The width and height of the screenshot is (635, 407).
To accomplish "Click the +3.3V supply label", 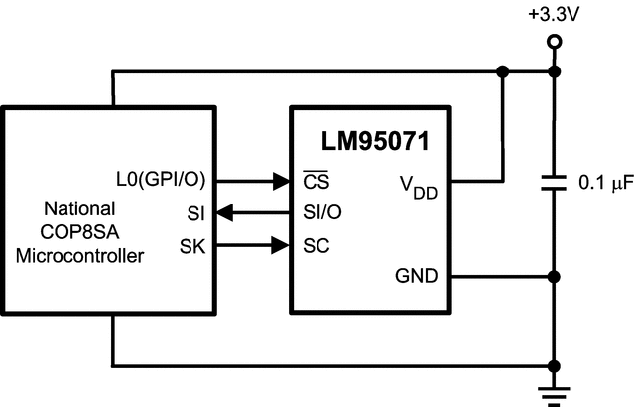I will pyautogui.click(x=554, y=15).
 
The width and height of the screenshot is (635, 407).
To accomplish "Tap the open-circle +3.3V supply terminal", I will pyautogui.click(x=555, y=41).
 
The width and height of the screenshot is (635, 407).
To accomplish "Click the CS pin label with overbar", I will pyautogui.click(x=317, y=182).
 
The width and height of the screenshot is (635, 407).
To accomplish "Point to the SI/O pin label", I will pyautogui.click(x=326, y=212).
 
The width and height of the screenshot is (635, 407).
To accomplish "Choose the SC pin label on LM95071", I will pyautogui.click(x=317, y=243).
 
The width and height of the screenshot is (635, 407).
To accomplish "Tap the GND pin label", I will pyautogui.click(x=416, y=276).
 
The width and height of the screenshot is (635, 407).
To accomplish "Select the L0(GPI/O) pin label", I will pyautogui.click(x=159, y=182).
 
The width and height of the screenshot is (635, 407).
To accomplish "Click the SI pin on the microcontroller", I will pyautogui.click(x=195, y=212).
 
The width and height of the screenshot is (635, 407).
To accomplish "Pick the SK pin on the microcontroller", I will pyautogui.click(x=193, y=243).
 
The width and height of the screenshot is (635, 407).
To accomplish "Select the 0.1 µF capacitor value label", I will pyautogui.click(x=605, y=183).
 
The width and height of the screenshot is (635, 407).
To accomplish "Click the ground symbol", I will pyautogui.click(x=555, y=389).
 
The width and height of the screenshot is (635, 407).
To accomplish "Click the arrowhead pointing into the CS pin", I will pyautogui.click(x=281, y=182).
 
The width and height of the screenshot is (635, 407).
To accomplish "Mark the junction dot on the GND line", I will pyautogui.click(x=555, y=276).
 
